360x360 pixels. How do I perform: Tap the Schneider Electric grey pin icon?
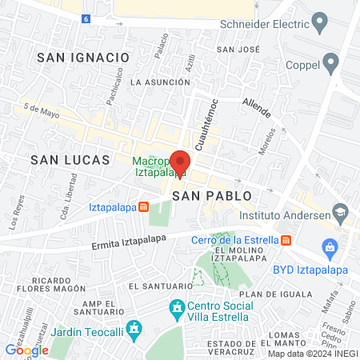pyautogui.click(x=320, y=22)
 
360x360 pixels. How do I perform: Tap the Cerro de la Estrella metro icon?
pyautogui.click(x=286, y=239)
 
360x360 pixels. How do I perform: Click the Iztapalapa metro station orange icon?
pyautogui.click(x=143, y=206)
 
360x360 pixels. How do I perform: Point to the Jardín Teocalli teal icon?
pyautogui.click(x=134, y=327)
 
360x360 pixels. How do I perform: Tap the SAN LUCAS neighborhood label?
pyautogui.click(x=70, y=160)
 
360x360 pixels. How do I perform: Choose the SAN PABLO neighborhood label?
pyautogui.click(x=212, y=195)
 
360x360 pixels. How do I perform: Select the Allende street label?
pyautogui.click(x=257, y=106)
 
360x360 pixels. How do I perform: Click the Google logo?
pyautogui.click(x=26, y=350)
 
